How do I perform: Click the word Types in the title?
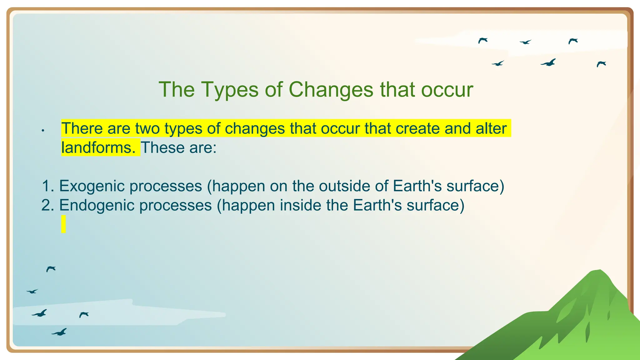pos(230,90)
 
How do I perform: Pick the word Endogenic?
pos(97,205)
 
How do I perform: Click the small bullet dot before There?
pos(43,130)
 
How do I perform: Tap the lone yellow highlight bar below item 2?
pos(63,224)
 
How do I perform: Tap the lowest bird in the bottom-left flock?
pos(59,332)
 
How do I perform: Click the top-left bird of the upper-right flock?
pos(483,40)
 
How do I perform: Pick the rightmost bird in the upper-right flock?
pos(601,64)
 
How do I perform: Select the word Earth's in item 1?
pos(417,186)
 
